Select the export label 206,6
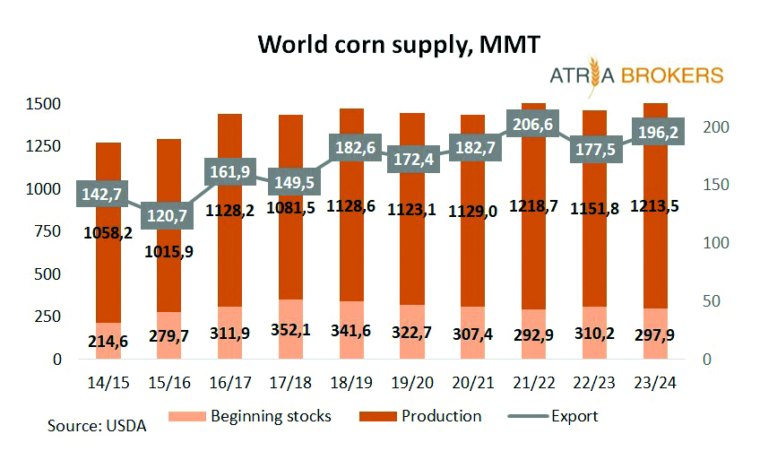534,125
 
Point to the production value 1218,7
534,205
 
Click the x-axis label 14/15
108,384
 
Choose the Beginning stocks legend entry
260,416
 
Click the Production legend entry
431,416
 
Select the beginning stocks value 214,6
107,341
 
